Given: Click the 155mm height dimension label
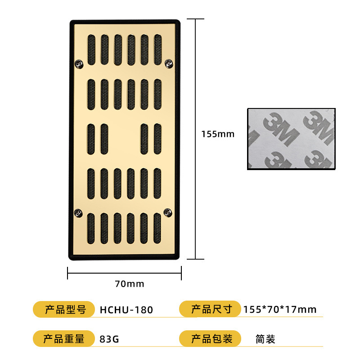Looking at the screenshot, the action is (218, 134).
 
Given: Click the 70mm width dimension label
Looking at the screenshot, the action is (130, 284).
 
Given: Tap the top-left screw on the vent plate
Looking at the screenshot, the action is (80, 64).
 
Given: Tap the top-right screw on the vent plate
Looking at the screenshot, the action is (168, 63).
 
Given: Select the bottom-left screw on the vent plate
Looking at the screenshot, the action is (79, 212).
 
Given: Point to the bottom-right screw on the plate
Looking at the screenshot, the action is (168, 211).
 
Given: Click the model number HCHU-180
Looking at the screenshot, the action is (126, 310).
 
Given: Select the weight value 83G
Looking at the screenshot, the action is (109, 339).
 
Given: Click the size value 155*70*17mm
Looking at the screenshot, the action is (279, 310).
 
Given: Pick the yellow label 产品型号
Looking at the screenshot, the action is (63, 310).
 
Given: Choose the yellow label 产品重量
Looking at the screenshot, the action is (63, 339).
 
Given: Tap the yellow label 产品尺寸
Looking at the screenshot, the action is (211, 310).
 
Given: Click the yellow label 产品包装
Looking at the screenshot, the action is (211, 339).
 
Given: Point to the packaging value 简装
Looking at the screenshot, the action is (265, 339).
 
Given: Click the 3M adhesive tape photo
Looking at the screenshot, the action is (291, 139).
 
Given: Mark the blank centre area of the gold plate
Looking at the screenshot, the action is (124, 139).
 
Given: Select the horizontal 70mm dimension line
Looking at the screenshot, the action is (125, 273).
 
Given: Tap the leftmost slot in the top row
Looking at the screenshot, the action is (91, 49).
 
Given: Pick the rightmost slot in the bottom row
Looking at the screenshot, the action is (157, 228).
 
